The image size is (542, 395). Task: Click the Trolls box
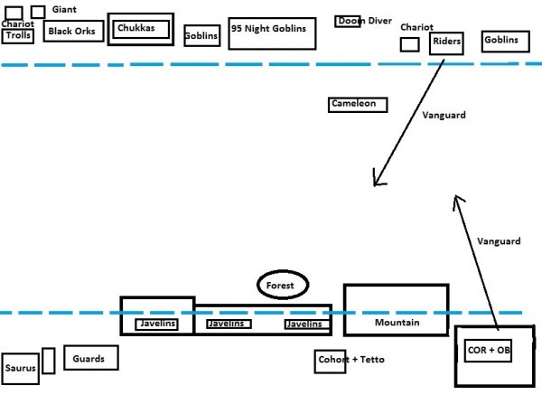pos(18,36)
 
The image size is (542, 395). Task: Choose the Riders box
pos(446,41)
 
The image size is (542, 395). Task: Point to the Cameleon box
pos(358,105)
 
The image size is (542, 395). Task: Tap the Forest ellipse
pos(283,286)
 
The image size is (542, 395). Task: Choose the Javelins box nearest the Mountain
pos(304,324)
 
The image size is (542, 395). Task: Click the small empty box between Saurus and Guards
pos(49,360)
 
